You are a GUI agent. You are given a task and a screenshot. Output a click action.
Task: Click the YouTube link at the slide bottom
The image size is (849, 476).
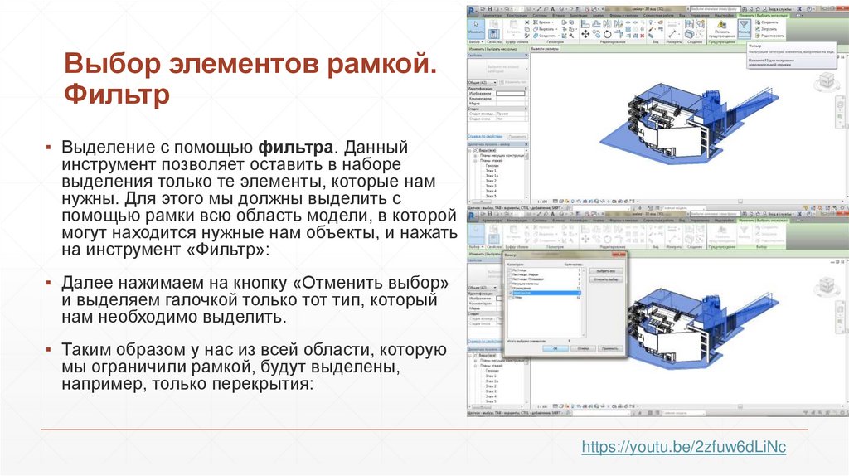click(684, 447)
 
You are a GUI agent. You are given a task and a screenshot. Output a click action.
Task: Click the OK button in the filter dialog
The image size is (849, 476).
click(555, 349)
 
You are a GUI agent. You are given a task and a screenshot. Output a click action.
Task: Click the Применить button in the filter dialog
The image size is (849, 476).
click(610, 349)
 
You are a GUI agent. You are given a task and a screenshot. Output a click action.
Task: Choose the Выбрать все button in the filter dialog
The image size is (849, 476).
click(605, 270)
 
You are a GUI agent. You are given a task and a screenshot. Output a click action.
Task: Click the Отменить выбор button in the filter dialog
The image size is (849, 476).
click(605, 280)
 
